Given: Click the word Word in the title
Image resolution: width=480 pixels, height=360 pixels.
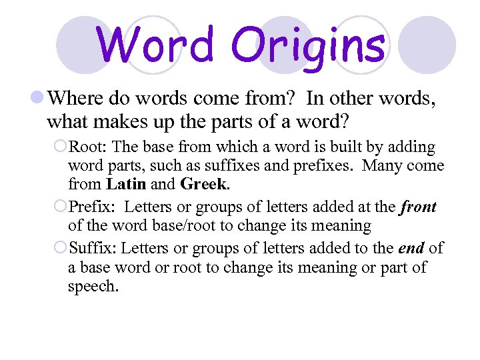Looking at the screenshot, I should [x=155, y=44].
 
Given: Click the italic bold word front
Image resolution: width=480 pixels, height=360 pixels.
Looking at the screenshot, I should [x=418, y=207].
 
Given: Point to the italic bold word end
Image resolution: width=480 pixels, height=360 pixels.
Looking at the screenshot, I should [x=411, y=249].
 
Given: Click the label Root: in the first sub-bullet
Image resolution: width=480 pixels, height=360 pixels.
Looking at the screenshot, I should [x=87, y=147].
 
